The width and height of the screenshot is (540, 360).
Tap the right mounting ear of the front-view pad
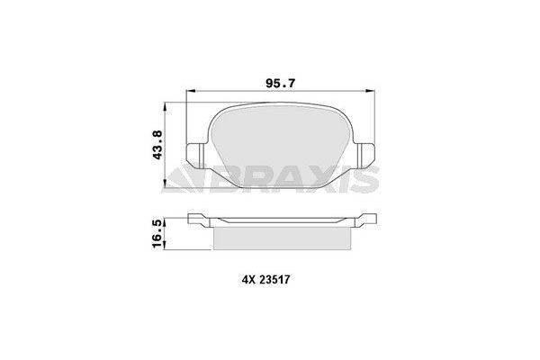point(364,155)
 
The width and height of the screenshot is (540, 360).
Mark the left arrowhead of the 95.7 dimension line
point(189,93)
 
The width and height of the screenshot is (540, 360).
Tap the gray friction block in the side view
point(279,237)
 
